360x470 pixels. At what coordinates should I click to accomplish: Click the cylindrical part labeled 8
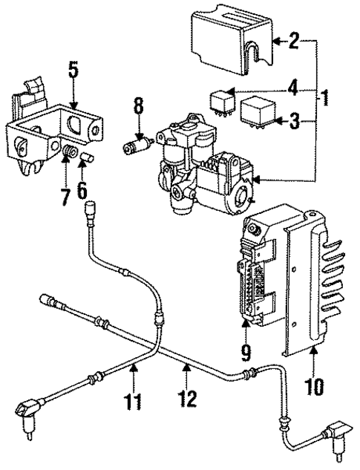tap(137, 143)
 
